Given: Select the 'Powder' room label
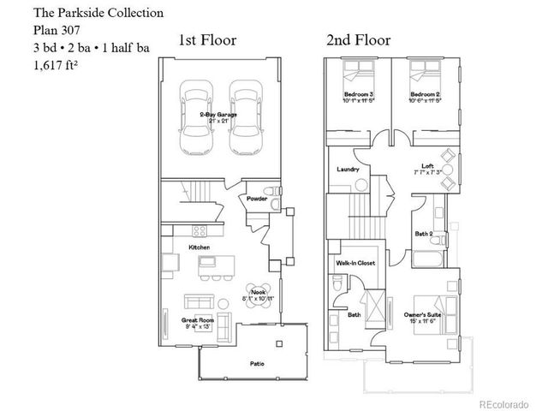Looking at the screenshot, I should coord(256,199).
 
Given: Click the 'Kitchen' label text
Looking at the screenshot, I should coord(200,247).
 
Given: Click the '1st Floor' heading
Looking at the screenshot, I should coord(207,40).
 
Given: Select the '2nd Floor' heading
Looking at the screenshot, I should coord(358,40).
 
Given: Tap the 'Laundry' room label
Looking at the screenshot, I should coord(348,170).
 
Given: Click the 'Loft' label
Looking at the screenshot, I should coord(427,166).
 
